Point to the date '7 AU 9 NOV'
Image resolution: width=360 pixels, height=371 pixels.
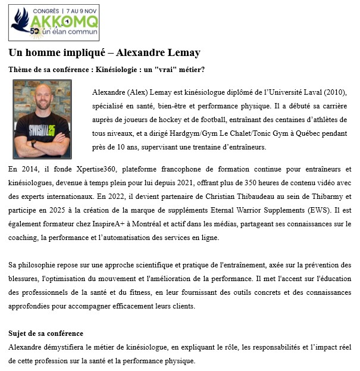(x=77, y=10)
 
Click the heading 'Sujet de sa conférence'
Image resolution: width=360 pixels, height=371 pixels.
(x=46, y=333)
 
